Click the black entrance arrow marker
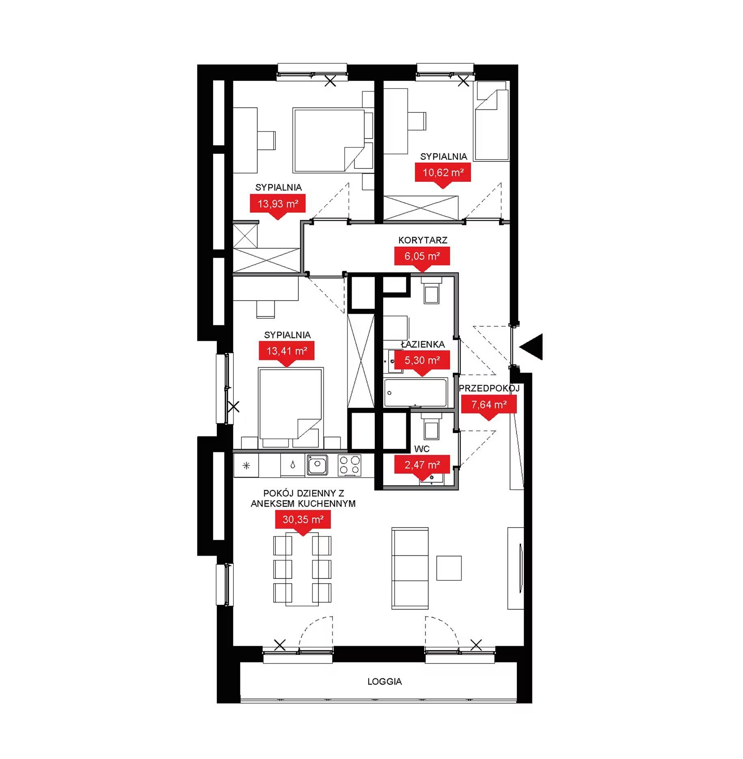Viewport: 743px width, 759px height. point(531,347)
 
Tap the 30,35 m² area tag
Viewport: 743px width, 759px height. point(303,521)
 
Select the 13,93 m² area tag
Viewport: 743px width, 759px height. point(278,205)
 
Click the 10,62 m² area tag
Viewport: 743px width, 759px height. point(443,175)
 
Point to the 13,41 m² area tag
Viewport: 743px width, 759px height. point(287,353)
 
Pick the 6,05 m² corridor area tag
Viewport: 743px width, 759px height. point(422,258)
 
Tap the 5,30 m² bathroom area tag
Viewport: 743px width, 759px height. point(422,362)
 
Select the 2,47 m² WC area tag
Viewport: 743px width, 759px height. point(422,466)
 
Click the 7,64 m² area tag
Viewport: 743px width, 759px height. point(489,406)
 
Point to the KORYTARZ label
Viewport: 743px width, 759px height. point(423,240)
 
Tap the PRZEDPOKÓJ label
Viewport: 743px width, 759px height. point(489,388)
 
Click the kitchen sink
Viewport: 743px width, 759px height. point(318,465)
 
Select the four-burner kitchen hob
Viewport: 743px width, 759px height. point(350,465)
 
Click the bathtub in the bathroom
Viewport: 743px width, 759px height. point(415,392)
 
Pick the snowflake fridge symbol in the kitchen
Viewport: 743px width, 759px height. point(246,466)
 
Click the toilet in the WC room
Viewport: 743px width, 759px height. point(431,427)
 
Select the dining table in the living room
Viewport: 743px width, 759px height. point(302,570)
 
